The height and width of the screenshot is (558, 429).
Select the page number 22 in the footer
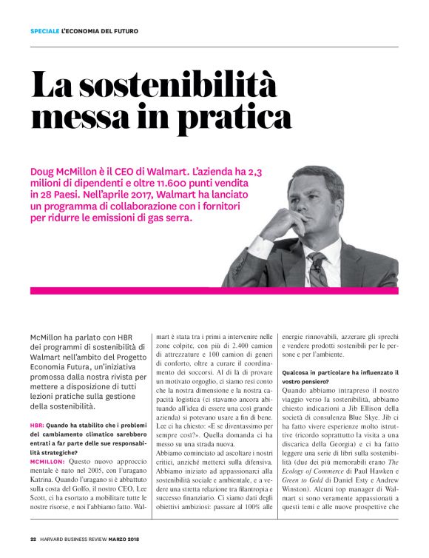pyautogui.click(x=33, y=538)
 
